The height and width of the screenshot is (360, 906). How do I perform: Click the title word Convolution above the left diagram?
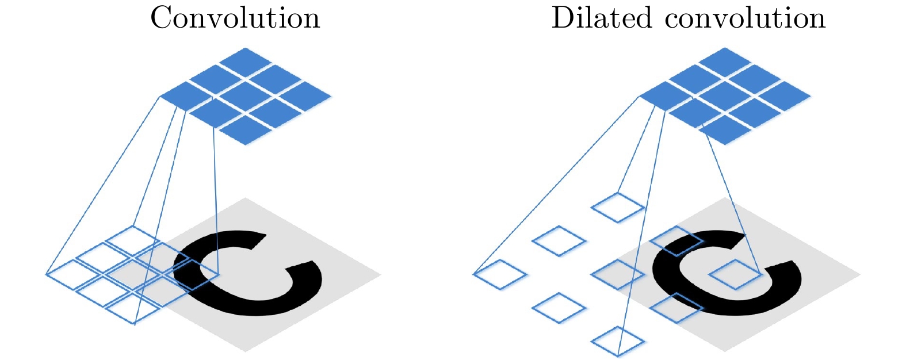click(235, 18)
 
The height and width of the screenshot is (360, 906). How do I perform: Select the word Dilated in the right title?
click(602, 18)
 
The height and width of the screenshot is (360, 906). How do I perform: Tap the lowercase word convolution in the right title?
click(746, 18)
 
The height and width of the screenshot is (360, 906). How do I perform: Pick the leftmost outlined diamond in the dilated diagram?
click(499, 274)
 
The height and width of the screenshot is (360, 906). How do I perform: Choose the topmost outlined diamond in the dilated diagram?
click(618, 208)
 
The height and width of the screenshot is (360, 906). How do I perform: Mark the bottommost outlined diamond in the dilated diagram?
click(618, 342)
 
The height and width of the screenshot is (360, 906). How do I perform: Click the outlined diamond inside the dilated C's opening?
click(736, 274)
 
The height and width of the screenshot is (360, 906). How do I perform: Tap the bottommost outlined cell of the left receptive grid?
click(133, 309)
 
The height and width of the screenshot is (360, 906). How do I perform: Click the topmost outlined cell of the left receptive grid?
click(133, 240)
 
